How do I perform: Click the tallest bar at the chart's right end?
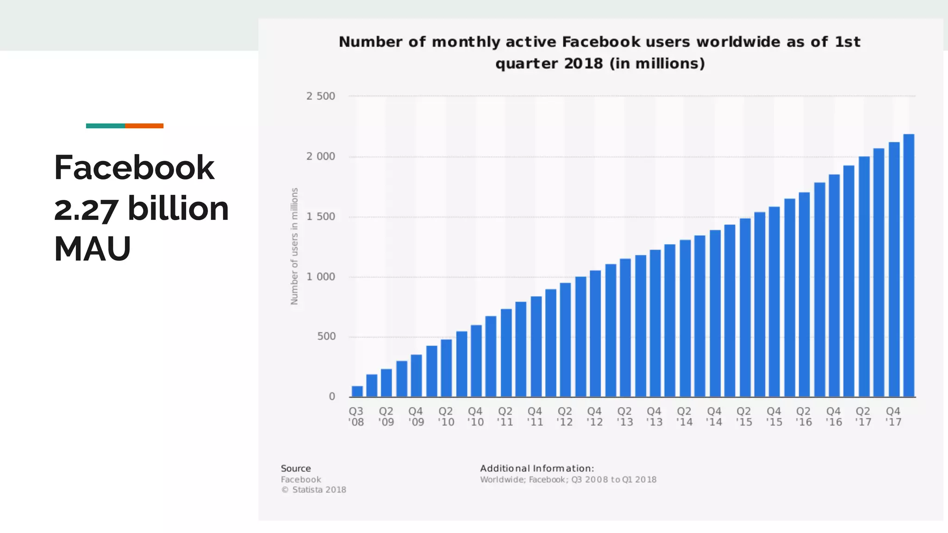909,266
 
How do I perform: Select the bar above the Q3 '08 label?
357,391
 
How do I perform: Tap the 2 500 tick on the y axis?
320,96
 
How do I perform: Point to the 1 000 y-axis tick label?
320,277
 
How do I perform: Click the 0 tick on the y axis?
332,397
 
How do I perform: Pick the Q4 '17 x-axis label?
893,416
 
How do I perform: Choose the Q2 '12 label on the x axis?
565,416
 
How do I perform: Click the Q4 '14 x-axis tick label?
714,416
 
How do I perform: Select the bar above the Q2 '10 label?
446,368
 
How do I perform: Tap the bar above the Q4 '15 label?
774,302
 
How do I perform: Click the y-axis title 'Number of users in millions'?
294,246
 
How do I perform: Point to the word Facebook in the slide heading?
134,167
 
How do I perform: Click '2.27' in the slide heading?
86,209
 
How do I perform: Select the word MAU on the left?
93,249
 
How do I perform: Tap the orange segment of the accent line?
144,126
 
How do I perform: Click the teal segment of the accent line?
105,126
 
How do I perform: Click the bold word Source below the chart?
296,469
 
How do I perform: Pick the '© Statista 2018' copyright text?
313,490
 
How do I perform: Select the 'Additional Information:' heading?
537,468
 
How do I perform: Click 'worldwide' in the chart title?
738,42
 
